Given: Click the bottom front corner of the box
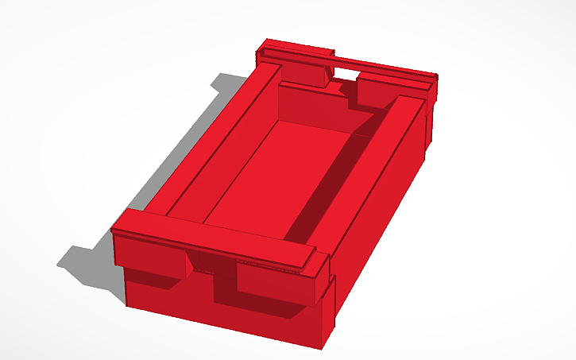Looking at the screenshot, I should point(322,346).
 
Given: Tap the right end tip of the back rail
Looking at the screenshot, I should point(435,76).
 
